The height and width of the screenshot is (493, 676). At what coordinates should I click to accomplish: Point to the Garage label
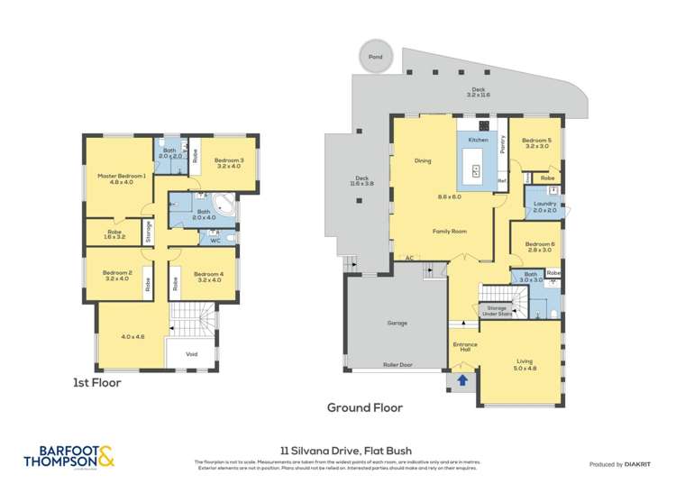point(397,323)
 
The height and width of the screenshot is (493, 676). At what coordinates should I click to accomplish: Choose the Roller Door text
point(397,365)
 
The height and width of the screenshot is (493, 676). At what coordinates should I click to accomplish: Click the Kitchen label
point(478,141)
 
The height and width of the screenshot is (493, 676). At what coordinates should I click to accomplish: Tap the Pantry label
point(502,144)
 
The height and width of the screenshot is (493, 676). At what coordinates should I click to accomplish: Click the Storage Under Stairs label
point(497,311)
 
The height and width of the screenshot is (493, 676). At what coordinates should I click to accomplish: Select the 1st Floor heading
point(97,382)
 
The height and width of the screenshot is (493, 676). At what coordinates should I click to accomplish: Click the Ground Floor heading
point(364,407)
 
